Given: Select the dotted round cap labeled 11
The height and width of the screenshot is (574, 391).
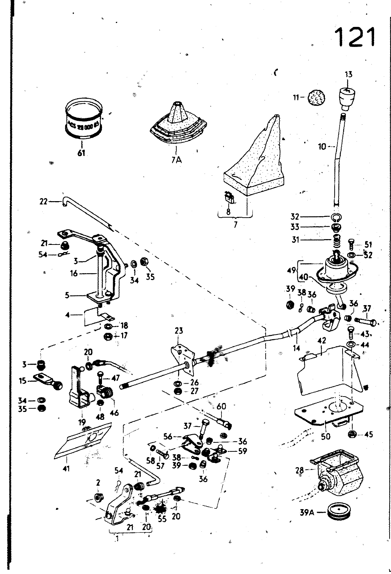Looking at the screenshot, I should (316, 98).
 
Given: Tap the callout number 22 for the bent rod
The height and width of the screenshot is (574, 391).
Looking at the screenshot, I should (43, 201).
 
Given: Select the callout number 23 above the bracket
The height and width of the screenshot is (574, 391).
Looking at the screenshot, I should (179, 331).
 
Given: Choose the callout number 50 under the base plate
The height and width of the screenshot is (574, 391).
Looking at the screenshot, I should (326, 436).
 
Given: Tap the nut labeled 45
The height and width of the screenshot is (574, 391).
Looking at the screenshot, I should (352, 434).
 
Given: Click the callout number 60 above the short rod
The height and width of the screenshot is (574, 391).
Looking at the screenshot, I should (222, 406).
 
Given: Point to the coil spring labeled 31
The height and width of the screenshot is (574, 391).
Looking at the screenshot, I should (337, 240).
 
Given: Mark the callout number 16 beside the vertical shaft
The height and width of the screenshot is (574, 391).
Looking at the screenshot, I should (74, 274).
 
